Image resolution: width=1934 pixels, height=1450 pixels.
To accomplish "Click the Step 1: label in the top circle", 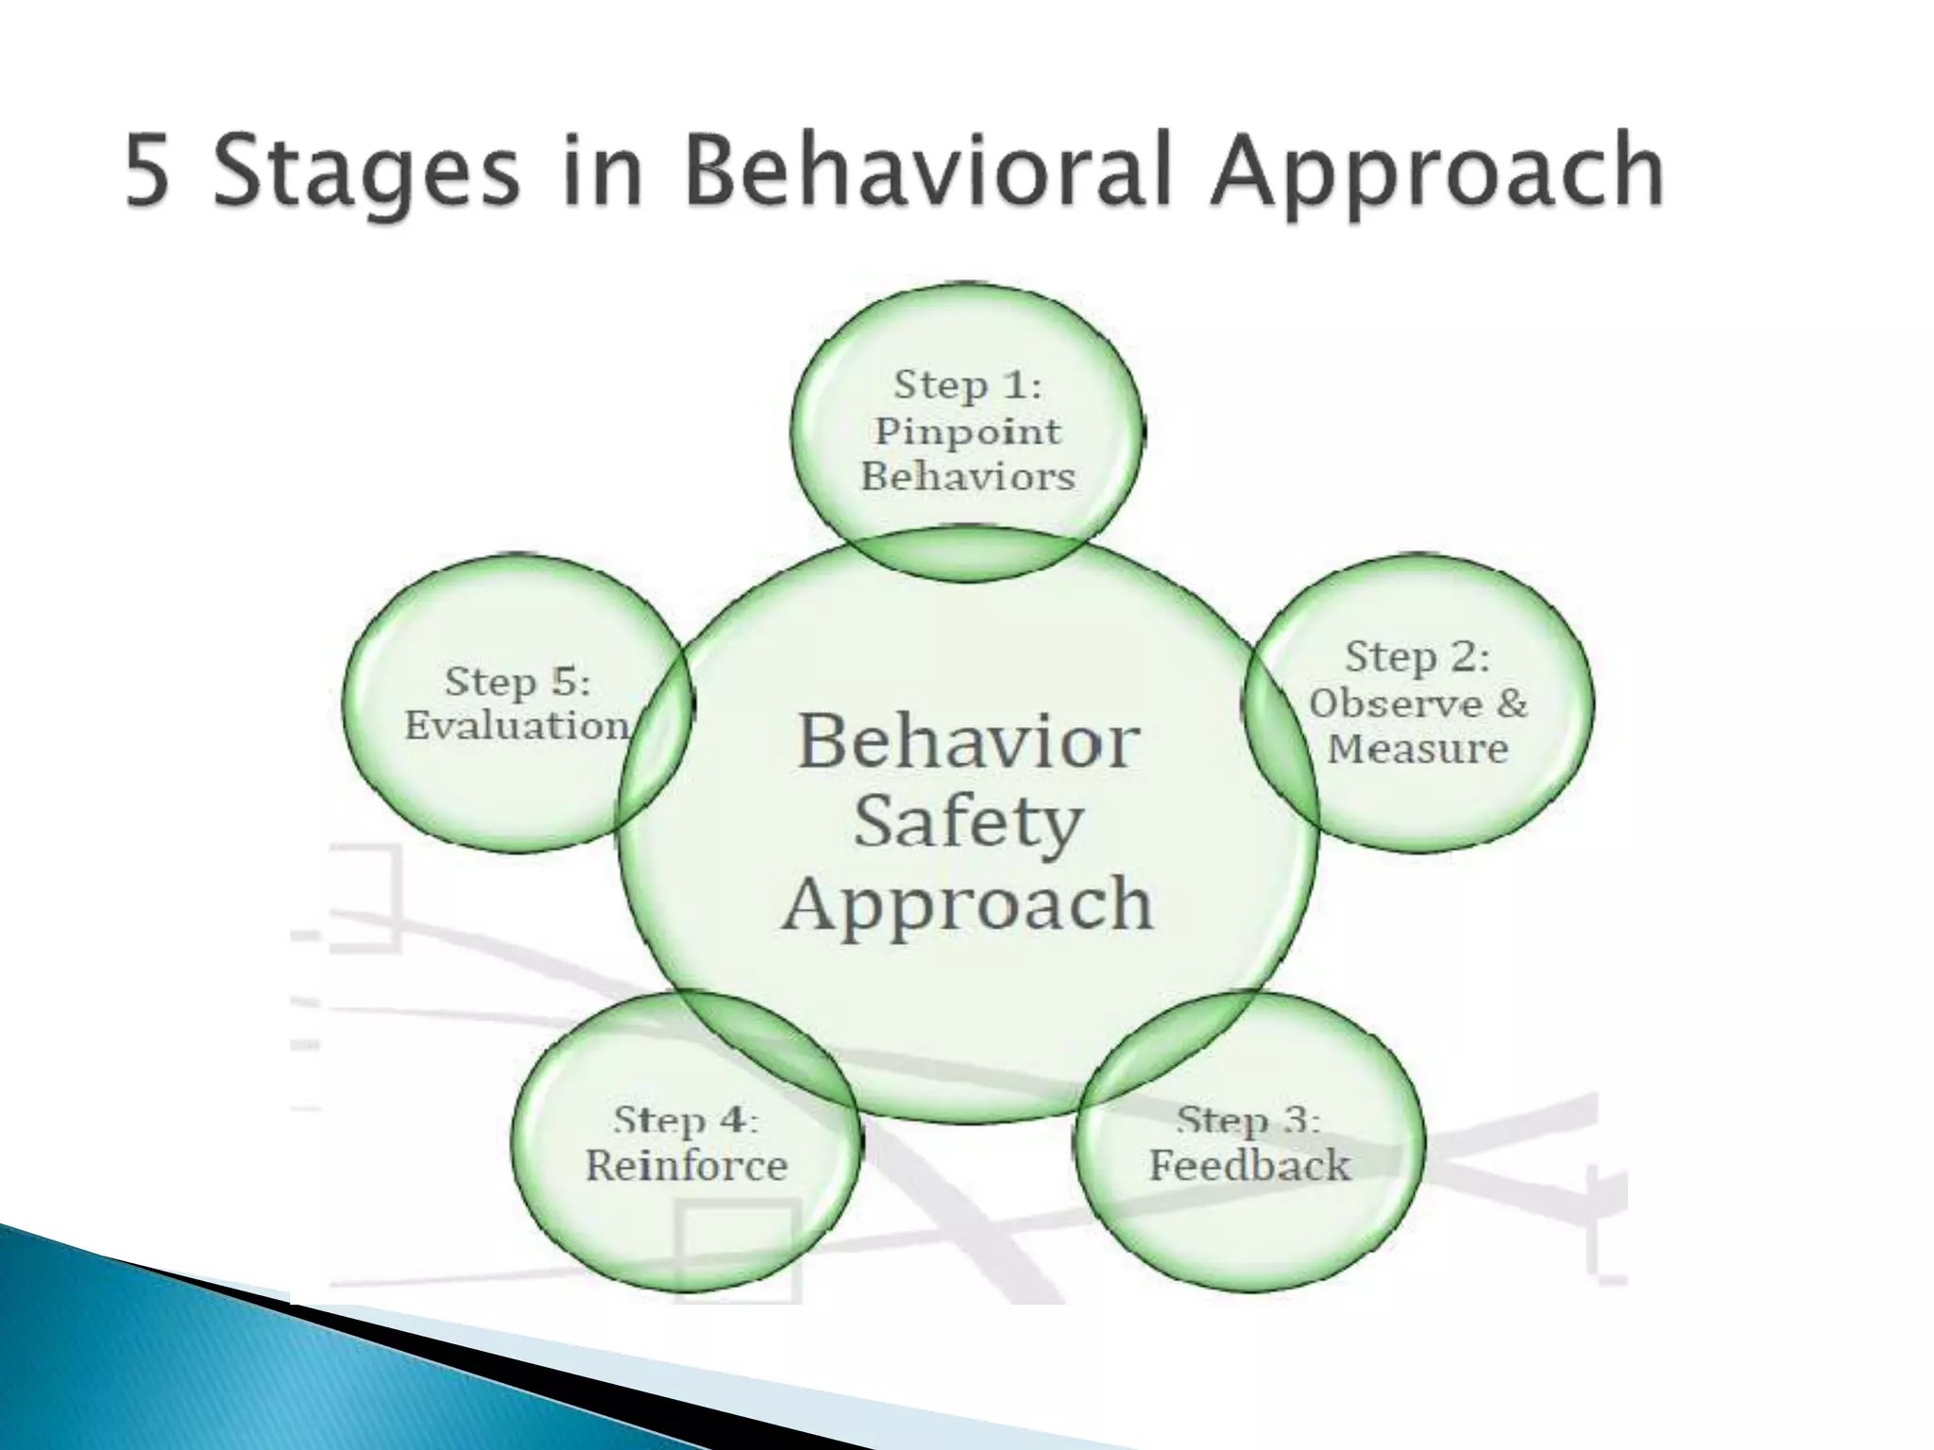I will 967,385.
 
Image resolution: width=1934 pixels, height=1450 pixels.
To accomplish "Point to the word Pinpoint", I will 967,432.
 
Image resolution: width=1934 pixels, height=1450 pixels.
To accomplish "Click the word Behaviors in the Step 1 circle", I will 967,477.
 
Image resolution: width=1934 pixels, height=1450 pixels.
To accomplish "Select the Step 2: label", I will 1417,657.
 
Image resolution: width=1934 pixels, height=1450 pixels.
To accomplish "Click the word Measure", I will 1417,749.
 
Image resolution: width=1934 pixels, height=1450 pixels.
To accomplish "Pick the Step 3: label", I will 1248,1121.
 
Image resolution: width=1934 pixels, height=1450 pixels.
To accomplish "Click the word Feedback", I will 1248,1166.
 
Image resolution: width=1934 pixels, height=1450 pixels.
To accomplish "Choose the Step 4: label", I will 686,1121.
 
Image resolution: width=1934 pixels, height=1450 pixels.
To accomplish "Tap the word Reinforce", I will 686,1166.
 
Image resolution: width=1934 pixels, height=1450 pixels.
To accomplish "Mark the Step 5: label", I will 517,682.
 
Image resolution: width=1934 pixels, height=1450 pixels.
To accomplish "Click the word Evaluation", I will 517,726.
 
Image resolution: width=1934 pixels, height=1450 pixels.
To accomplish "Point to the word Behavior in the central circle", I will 967,742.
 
